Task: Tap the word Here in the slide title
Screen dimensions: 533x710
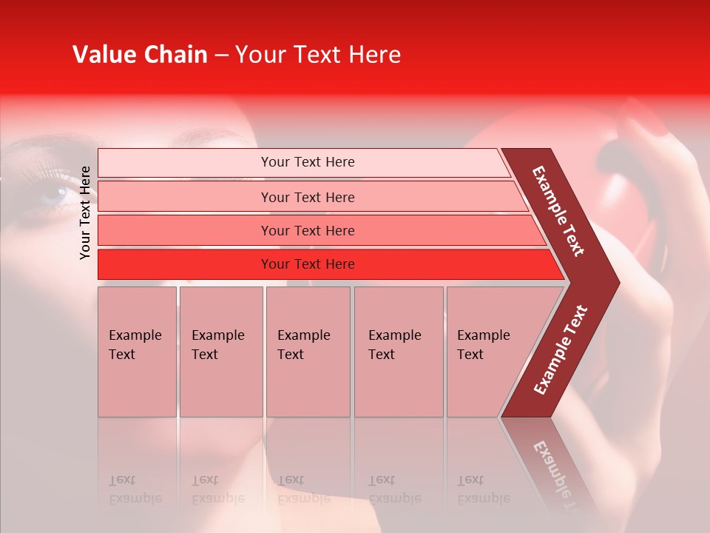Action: point(374,55)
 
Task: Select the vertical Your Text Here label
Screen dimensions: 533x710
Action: point(85,212)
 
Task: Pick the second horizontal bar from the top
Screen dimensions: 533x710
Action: point(308,197)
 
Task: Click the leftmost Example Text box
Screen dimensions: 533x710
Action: point(137,351)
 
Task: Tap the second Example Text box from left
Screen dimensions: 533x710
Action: point(221,351)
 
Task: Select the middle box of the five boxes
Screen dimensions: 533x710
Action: point(308,351)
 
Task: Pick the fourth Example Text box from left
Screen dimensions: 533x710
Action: point(399,351)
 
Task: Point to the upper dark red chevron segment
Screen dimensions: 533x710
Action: point(558,211)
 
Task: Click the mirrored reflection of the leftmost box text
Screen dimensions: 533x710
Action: point(135,489)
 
